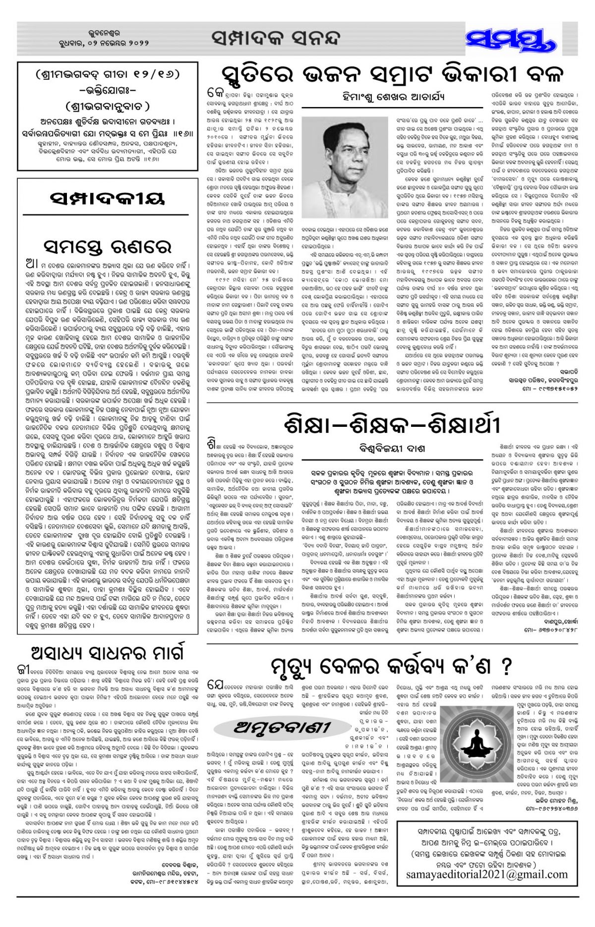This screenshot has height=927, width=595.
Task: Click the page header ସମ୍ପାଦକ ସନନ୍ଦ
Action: pyautogui.click(x=276, y=38)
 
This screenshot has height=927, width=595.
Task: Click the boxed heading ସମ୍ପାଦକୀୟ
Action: pyautogui.click(x=107, y=200)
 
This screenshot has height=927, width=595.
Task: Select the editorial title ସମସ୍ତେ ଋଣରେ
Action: pyautogui.click(x=107, y=245)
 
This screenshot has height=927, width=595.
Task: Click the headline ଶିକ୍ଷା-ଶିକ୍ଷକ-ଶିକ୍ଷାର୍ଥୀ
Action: pyautogui.click(x=393, y=425)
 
